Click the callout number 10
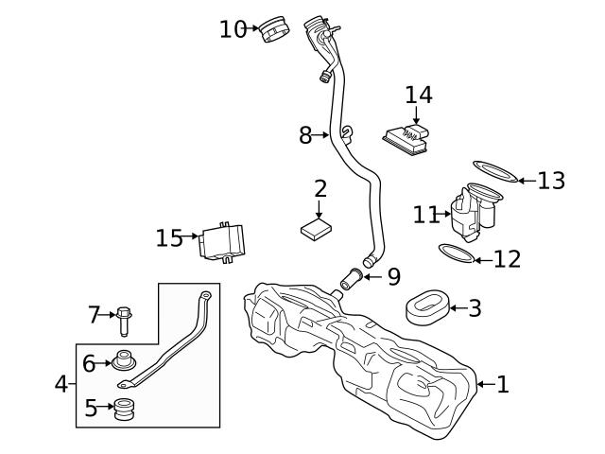[233, 29]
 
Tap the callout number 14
[419, 95]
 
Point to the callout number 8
[305, 135]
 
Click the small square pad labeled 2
[318, 229]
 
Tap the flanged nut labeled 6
[122, 361]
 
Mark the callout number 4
[61, 384]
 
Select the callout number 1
[502, 384]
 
